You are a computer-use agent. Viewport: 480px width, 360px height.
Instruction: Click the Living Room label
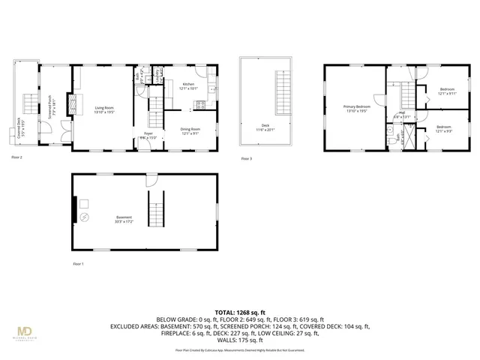(x=105, y=109)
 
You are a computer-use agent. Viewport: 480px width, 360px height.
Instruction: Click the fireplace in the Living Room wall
(x=73, y=103)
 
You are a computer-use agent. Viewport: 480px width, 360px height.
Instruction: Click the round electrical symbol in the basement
(x=84, y=217)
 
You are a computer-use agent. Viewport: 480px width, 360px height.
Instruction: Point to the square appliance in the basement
(x=85, y=203)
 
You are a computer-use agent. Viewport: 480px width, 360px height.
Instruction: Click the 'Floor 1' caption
(x=78, y=264)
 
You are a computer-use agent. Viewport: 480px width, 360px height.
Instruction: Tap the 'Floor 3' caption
(x=246, y=159)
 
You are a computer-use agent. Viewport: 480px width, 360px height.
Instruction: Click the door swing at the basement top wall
(x=152, y=181)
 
